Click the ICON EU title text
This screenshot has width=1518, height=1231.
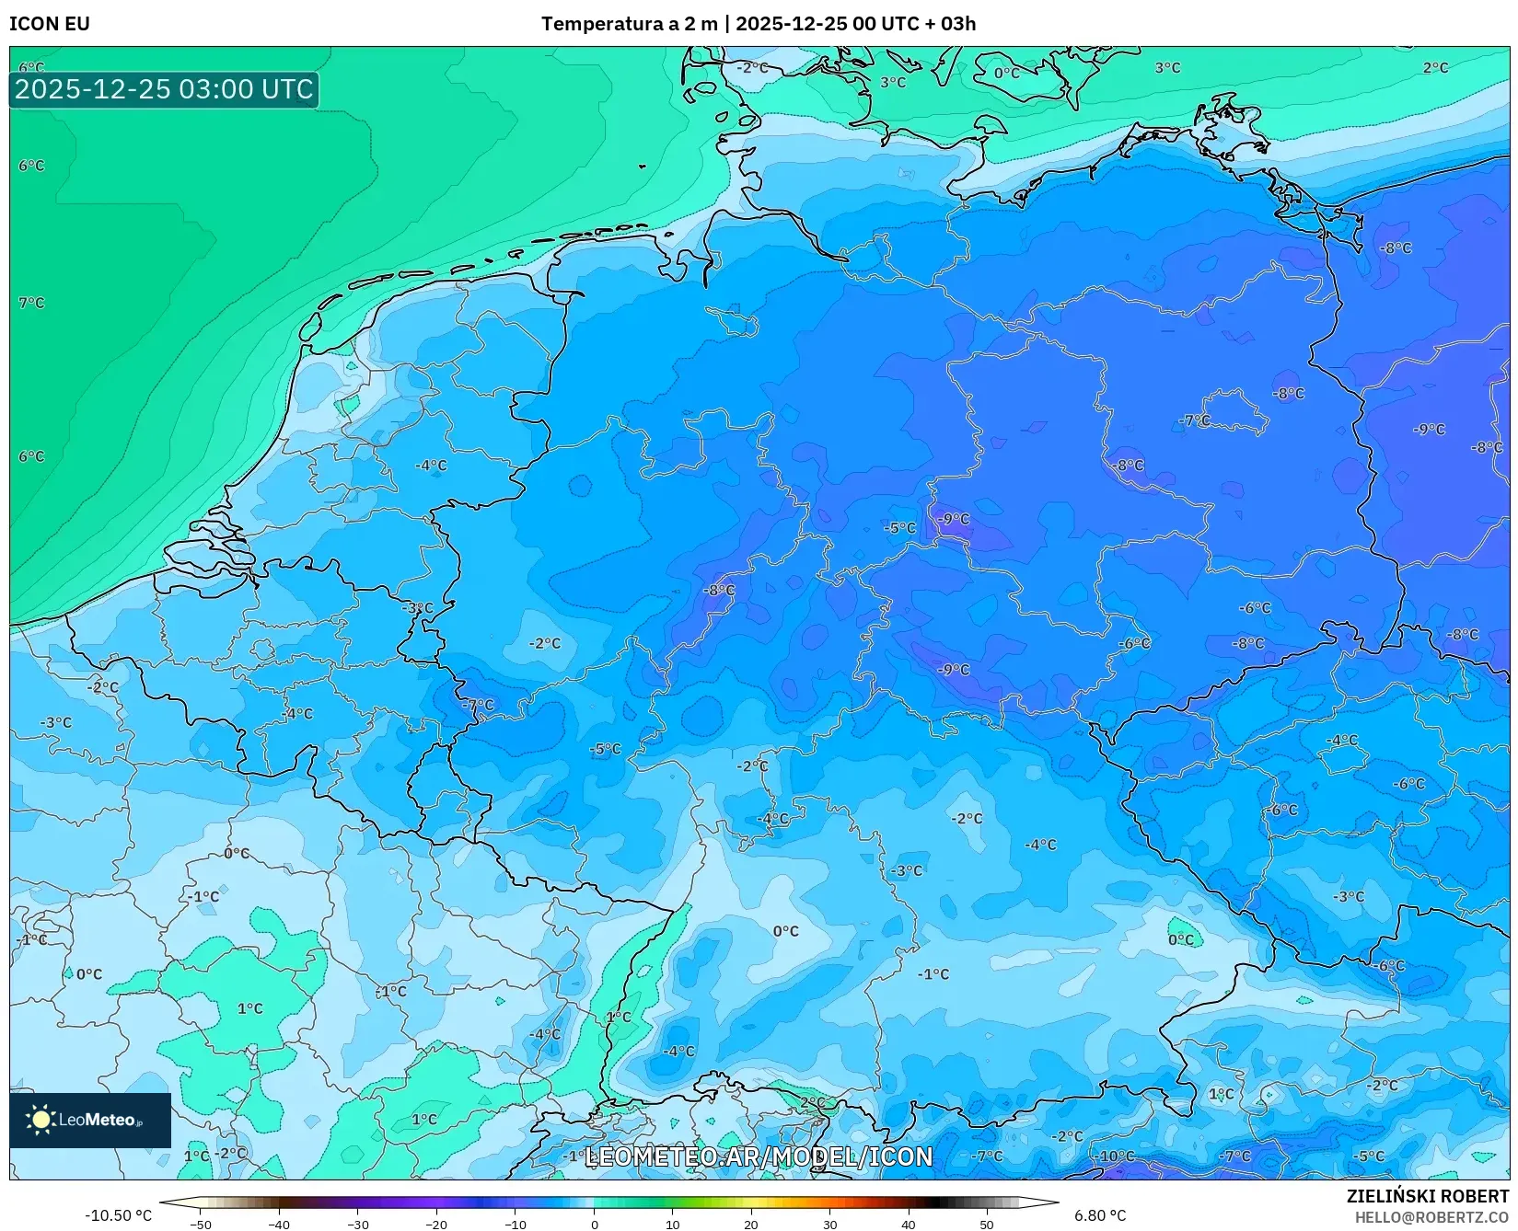(50, 24)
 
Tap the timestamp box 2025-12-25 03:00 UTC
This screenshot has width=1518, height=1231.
(164, 89)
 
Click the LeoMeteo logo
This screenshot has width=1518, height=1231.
(89, 1120)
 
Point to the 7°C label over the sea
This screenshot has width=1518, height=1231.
(31, 303)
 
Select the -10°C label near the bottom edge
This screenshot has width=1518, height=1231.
(1115, 1156)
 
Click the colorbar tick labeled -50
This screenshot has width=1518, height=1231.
(200, 1225)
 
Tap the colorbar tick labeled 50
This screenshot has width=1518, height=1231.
(987, 1225)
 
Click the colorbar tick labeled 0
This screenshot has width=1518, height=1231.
(594, 1225)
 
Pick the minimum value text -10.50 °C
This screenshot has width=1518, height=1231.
(119, 1215)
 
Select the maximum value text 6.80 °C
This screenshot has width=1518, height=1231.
(1099, 1215)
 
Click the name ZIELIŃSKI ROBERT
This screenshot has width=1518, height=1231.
(1427, 1196)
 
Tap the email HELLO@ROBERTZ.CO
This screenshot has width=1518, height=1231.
(1431, 1217)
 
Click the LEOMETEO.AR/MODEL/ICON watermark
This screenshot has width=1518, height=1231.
(759, 1156)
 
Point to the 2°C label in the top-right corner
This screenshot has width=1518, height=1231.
(1434, 68)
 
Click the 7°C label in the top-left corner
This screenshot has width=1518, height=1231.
(31, 303)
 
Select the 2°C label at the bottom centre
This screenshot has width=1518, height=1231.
(812, 1102)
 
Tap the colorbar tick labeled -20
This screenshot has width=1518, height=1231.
(436, 1225)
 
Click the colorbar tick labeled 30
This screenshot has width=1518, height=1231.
(830, 1225)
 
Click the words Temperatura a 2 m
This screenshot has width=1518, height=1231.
(629, 24)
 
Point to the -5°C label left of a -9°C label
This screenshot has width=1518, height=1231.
(899, 528)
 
